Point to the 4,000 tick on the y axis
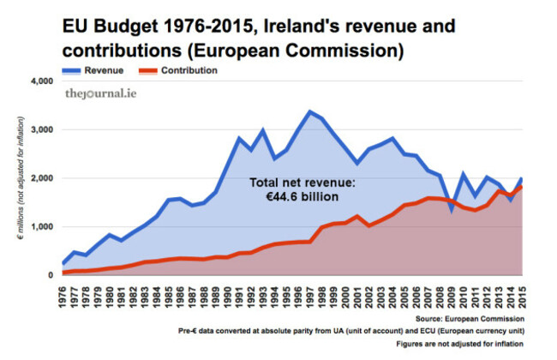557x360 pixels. click(42, 82)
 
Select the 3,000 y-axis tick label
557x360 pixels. click(42, 130)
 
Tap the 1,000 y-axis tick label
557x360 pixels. click(42, 227)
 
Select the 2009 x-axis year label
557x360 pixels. click(451, 291)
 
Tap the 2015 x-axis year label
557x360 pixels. click(520, 291)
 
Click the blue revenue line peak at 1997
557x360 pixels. click(310, 111)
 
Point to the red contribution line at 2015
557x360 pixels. click(520, 186)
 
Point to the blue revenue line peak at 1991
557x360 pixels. click(240, 138)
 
